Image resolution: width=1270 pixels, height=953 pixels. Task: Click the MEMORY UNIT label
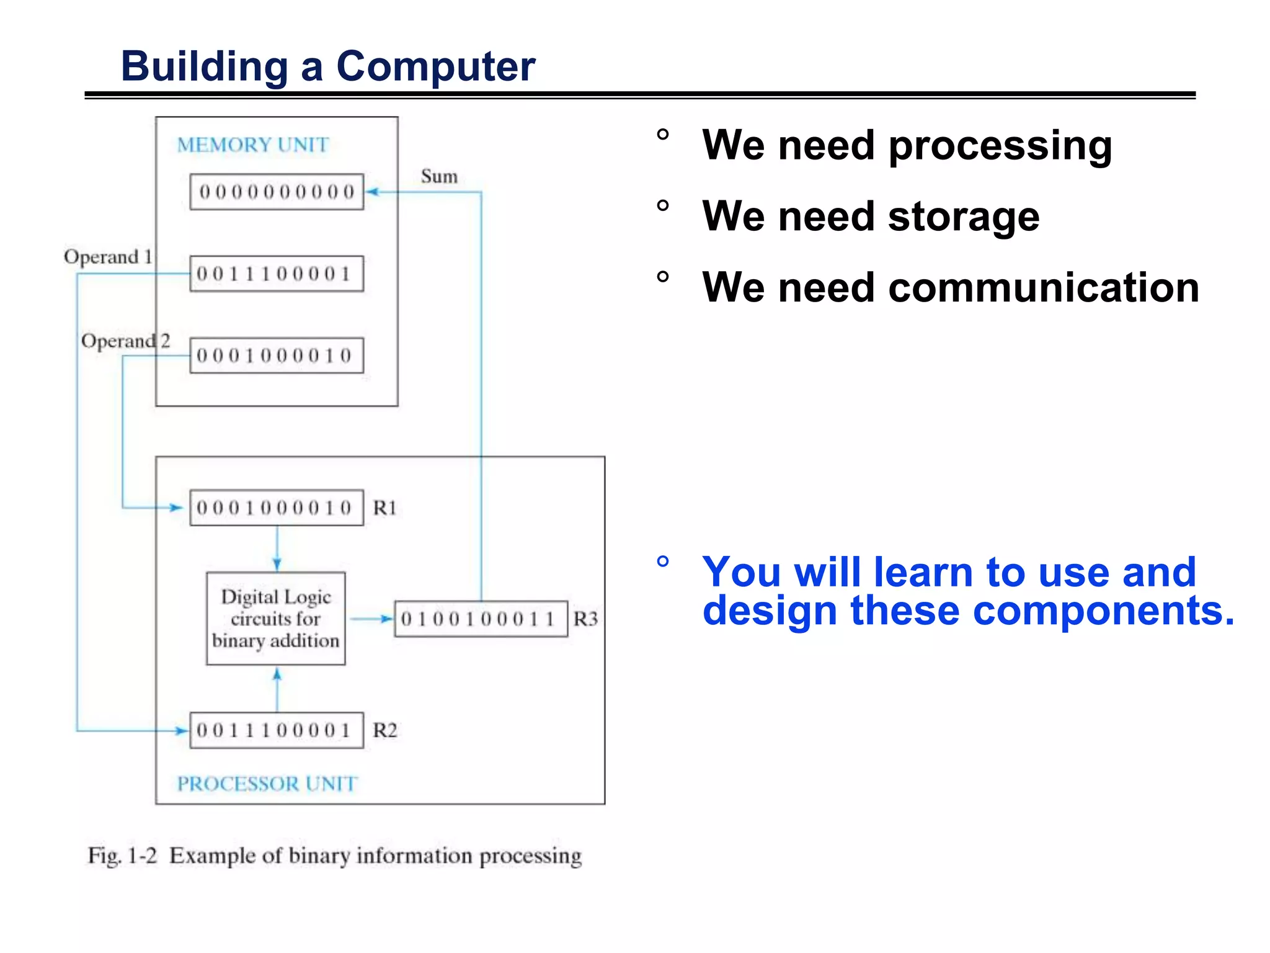coord(252,145)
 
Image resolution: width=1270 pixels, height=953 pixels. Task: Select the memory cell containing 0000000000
coord(277,192)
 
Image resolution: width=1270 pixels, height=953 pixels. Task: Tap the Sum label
coord(439,176)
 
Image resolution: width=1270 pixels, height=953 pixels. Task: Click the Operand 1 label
coord(108,257)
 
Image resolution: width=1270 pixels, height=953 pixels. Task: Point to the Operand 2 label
coord(125,341)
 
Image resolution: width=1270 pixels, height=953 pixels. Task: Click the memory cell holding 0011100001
coord(277,274)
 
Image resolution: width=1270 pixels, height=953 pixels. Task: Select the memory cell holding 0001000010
coord(277,356)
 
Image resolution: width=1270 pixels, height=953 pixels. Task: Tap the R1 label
coord(384,508)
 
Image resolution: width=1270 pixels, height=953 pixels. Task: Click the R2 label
coord(384,730)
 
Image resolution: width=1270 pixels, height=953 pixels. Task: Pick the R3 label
coord(585,619)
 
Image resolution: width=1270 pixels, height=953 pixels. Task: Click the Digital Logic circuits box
coord(276,619)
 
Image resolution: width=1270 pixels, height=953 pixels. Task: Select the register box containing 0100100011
coord(481,619)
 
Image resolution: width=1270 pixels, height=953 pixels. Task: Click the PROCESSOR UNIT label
coord(267,784)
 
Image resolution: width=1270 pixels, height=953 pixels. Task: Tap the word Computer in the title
coord(435,66)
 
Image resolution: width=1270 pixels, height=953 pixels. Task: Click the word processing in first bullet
coord(1000,146)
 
